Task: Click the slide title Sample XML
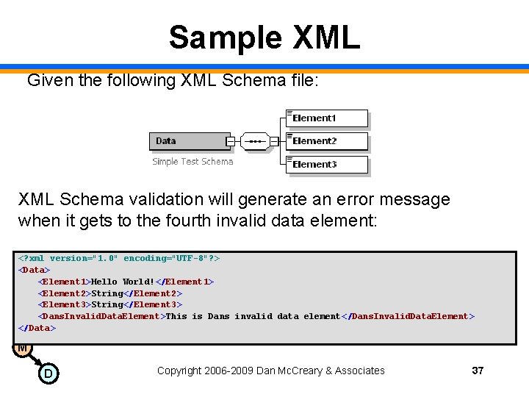[264, 37]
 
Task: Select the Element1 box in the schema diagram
[327, 118]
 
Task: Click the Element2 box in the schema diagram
[327, 141]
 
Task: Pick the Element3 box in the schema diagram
[327, 164]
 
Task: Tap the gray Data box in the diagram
[190, 141]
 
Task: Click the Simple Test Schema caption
[192, 162]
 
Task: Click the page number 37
[478, 371]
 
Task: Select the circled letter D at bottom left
[48, 374]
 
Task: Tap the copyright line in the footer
[270, 371]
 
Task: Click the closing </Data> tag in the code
[37, 328]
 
